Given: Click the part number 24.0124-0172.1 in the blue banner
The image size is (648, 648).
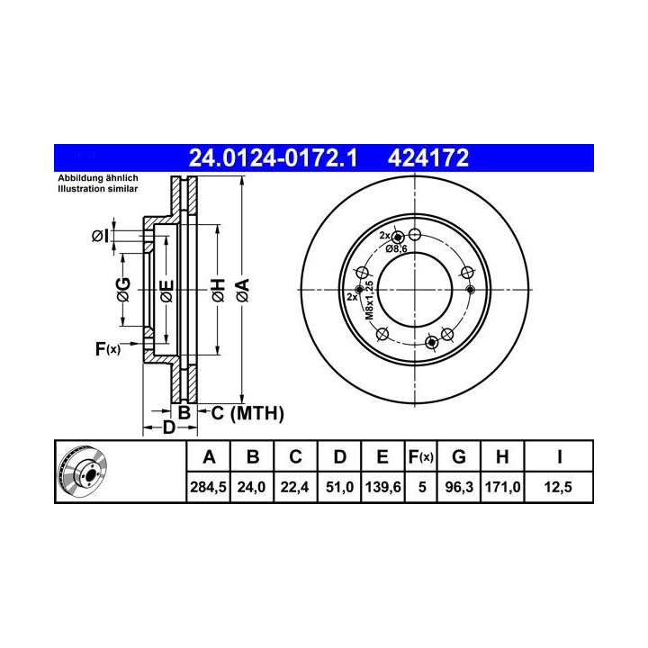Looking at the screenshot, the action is [273, 157].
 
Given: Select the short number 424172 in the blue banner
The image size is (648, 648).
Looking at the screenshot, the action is [428, 157].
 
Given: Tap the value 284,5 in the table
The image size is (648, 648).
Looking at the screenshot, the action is [208, 487].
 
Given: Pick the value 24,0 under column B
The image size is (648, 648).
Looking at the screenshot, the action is [251, 487].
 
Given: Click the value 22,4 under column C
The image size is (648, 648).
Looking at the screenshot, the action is [294, 487].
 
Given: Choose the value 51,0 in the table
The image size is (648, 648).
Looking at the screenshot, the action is [339, 487].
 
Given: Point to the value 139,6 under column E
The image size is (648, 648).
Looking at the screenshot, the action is [383, 487].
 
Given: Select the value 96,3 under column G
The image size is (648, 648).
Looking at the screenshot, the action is [459, 487].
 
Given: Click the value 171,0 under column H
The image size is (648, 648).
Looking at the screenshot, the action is [502, 487].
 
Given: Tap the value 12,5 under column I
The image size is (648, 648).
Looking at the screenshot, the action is [558, 487].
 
